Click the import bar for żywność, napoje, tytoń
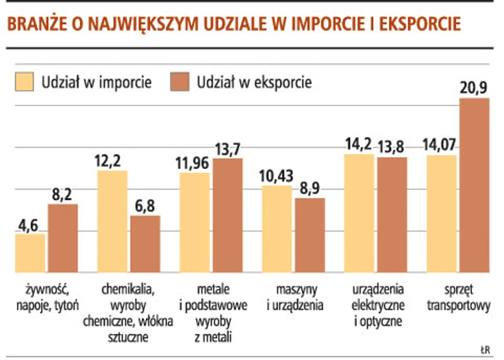pyautogui.click(x=30, y=253)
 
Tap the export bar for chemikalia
pyautogui.click(x=145, y=244)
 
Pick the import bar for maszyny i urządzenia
pyautogui.click(x=277, y=229)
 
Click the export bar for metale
pyautogui.click(x=227, y=215)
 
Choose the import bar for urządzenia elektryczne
pyautogui.click(x=359, y=213)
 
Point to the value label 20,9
pyautogui.click(x=474, y=87)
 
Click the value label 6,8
pyautogui.click(x=145, y=205)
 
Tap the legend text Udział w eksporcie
pyautogui.click(x=254, y=82)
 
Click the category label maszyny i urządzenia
pyautogui.click(x=294, y=298)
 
